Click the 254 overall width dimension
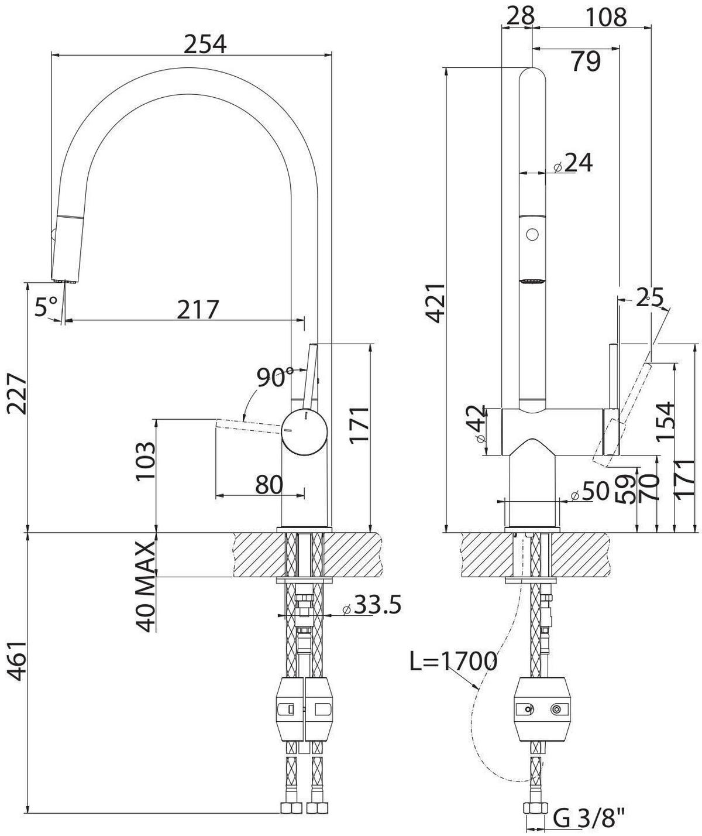pos(204,44)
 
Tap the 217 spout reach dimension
pos(198,309)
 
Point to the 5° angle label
pos(46,306)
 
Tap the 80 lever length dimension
pos(269,484)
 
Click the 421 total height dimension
pos(436,303)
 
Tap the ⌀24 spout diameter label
pos(573,163)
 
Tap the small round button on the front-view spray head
pos(532,235)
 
